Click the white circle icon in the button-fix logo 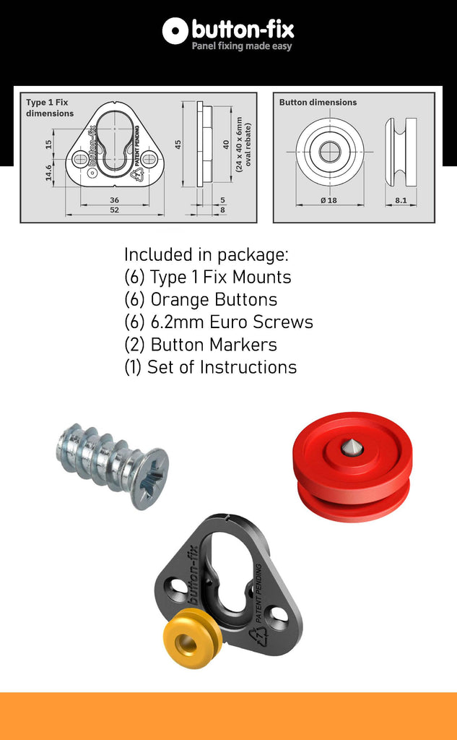point(175,31)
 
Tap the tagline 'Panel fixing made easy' point(241,46)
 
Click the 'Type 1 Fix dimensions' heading point(50,108)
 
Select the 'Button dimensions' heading point(318,102)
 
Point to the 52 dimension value point(115,210)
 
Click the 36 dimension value point(114,200)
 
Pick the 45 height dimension point(178,145)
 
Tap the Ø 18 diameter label point(328,200)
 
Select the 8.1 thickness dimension point(401,200)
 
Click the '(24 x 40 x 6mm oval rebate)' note point(243,145)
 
